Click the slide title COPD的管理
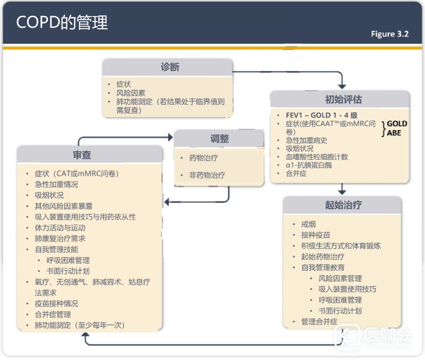pyautogui.click(x=62, y=22)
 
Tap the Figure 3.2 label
pyautogui.click(x=390, y=34)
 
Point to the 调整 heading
pyautogui.click(x=219, y=139)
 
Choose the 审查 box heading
pyautogui.click(x=82, y=155)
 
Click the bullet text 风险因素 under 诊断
pyautogui.click(x=131, y=93)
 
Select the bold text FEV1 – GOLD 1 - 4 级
pyautogui.click(x=322, y=115)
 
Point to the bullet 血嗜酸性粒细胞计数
pyautogui.click(x=317, y=157)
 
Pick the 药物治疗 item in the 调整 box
pyautogui.click(x=203, y=158)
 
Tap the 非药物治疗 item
pyautogui.click(x=207, y=175)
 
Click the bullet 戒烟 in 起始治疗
pyautogui.click(x=309, y=225)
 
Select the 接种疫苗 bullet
pyautogui.click(x=316, y=235)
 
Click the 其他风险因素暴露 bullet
pyautogui.click(x=64, y=206)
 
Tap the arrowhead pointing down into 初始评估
pyautogui.click(x=342, y=86)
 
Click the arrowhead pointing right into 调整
pyautogui.click(x=170, y=137)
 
